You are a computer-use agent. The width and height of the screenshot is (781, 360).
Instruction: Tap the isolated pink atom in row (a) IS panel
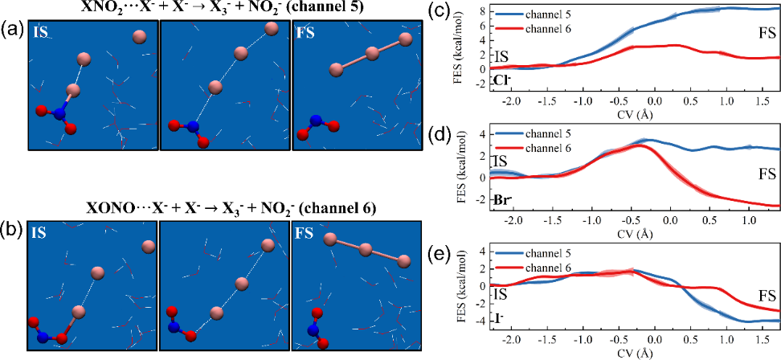point(139,36)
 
